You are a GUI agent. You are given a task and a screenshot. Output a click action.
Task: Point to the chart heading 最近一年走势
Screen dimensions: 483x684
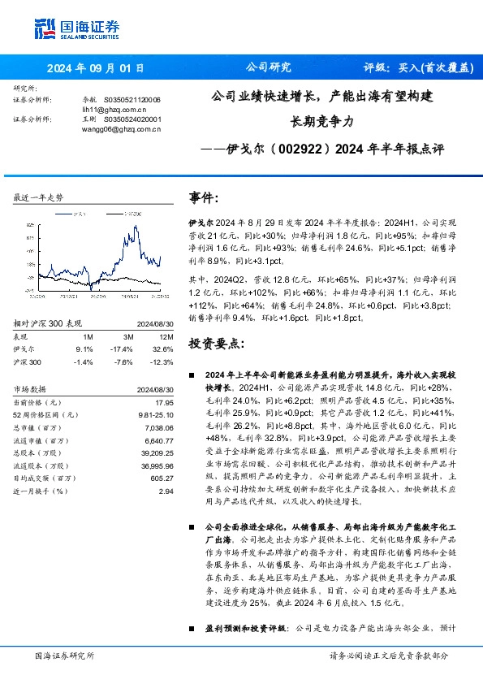tap(39, 197)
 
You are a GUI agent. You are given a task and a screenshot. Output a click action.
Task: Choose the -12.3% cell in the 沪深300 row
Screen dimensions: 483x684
tap(162, 361)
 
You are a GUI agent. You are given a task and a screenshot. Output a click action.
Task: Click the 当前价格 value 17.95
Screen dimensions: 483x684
tap(165, 402)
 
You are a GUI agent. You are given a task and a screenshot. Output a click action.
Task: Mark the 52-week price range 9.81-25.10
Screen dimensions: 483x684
tap(153, 415)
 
